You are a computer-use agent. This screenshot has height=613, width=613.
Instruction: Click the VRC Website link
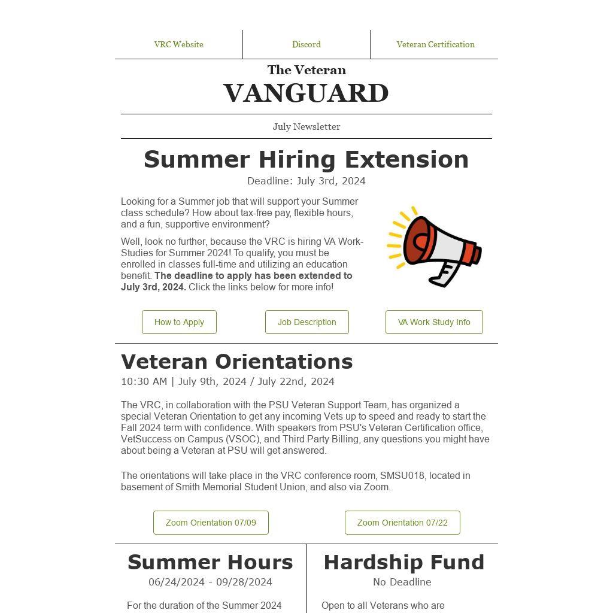pyautogui.click(x=178, y=44)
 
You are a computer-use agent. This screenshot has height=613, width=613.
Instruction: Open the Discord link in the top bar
pyautogui.click(x=306, y=44)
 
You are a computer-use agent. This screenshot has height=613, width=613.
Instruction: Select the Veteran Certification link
pyautogui.click(x=435, y=44)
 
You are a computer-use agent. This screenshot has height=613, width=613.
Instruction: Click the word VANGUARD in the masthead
pyautogui.click(x=306, y=93)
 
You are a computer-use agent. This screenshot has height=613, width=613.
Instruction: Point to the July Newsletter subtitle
pyautogui.click(x=306, y=126)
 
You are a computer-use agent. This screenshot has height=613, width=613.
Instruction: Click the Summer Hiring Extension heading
pyautogui.click(x=306, y=159)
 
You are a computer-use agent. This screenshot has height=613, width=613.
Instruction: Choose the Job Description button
pyautogui.click(x=306, y=322)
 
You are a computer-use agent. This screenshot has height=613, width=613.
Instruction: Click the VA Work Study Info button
pyautogui.click(x=434, y=322)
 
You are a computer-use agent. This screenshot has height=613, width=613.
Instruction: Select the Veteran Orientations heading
pyautogui.click(x=237, y=362)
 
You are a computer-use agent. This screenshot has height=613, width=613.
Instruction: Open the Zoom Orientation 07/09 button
pyautogui.click(x=211, y=523)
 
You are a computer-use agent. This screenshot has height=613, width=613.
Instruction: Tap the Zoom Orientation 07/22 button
pyautogui.click(x=402, y=523)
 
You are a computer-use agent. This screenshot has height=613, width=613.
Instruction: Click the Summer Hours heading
pyautogui.click(x=210, y=562)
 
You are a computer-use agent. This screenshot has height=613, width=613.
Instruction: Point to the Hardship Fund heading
pyautogui.click(x=403, y=562)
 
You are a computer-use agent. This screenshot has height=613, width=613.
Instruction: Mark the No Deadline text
pyautogui.click(x=402, y=582)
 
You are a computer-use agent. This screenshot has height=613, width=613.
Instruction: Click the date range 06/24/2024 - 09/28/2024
pyautogui.click(x=210, y=582)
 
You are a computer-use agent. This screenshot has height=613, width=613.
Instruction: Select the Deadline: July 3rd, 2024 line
pyautogui.click(x=306, y=181)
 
